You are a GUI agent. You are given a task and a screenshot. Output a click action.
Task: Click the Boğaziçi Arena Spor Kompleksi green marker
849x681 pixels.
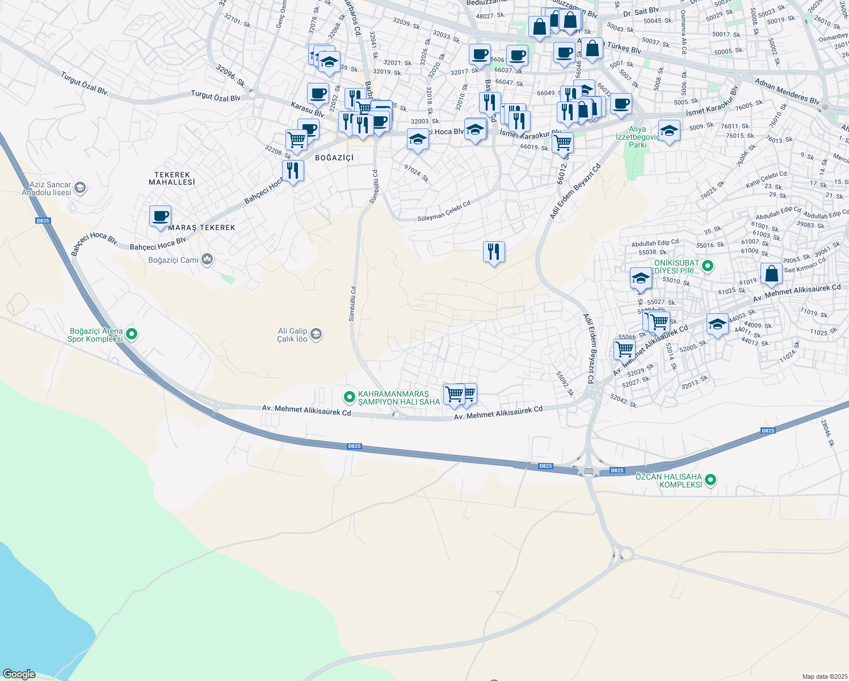click(x=132, y=334)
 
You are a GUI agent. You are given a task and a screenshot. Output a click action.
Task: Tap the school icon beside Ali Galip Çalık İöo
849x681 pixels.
click(x=316, y=334)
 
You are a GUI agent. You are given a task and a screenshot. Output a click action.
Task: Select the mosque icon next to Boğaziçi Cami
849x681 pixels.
click(x=207, y=260)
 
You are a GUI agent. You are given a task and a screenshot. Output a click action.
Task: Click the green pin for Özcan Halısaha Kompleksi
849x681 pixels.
click(x=710, y=481)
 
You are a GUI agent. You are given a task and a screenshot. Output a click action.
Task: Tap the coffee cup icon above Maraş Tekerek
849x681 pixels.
click(x=161, y=216)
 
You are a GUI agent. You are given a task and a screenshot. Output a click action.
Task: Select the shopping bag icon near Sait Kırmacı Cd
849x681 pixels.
click(x=771, y=274)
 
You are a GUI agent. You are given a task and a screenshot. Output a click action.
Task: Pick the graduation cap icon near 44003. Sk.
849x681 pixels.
click(x=717, y=325)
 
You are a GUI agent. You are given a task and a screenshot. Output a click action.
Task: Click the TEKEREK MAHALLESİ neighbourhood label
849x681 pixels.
click(x=172, y=179)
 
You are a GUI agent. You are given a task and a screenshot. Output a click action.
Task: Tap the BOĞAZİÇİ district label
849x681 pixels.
click(x=334, y=157)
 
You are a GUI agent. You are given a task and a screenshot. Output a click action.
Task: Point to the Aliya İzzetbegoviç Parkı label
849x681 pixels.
click(x=637, y=137)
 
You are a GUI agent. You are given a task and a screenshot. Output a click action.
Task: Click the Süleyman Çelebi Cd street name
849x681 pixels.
click(x=444, y=212)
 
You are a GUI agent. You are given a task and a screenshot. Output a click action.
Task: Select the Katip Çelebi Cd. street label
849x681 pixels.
click(x=767, y=179)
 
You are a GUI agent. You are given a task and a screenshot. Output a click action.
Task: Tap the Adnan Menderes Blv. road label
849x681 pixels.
click(x=787, y=92)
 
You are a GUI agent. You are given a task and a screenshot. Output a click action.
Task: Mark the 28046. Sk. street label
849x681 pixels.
click(x=827, y=432)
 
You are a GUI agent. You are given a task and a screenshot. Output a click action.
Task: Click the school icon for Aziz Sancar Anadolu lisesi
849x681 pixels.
click(x=80, y=188)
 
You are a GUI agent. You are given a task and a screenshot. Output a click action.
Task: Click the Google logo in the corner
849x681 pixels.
click(x=19, y=674)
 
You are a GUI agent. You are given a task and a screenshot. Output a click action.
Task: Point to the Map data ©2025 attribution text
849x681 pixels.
click(x=824, y=676)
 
